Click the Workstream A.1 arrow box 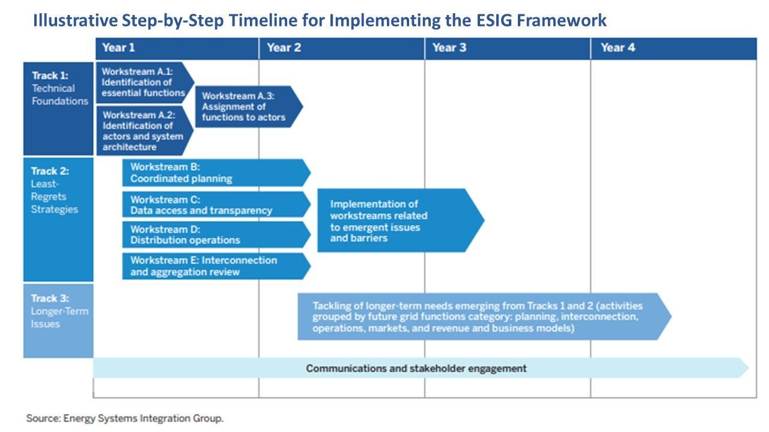coord(145,82)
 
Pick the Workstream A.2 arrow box coord(145,131)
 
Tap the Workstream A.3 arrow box coord(249,107)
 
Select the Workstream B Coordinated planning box coord(217,172)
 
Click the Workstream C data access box coord(217,205)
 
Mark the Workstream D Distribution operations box coord(217,235)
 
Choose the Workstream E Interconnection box coord(217,266)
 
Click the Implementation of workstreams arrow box coord(401,220)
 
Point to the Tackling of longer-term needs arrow coord(484,316)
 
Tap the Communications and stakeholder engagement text coord(416,368)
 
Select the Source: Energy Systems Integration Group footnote coord(125,418)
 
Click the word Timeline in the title coord(263,20)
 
